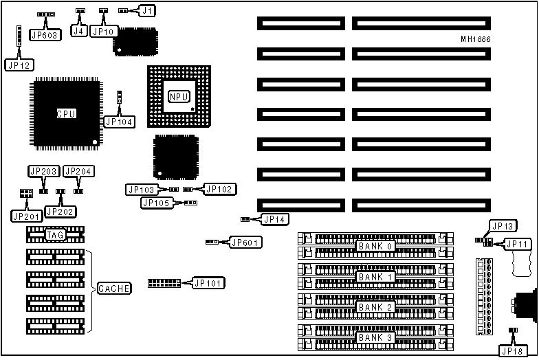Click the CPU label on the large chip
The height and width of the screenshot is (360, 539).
66,113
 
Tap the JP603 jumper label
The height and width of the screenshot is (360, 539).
45,34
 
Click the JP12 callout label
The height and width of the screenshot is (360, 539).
17,65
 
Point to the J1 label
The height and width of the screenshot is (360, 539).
148,11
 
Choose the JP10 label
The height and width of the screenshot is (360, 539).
104,31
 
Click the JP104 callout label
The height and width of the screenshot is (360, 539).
119,122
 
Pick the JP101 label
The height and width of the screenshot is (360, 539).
208,282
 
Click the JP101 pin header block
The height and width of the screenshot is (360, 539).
164,283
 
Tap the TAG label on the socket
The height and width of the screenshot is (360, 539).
56,235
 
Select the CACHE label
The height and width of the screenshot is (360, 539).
114,289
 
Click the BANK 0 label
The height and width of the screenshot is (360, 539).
375,246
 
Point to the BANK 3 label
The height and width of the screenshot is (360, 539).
375,338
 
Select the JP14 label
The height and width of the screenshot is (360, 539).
275,219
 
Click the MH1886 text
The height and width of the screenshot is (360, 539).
475,39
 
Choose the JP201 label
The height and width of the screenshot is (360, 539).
26,216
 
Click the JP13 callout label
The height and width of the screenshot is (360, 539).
503,226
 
